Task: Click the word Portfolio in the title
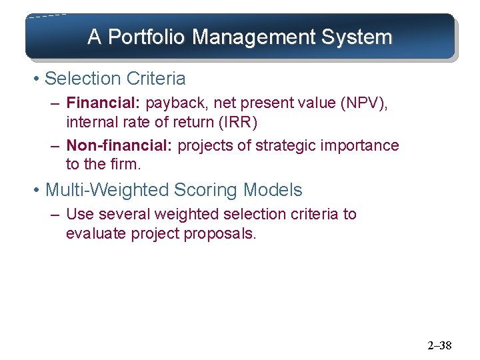coord(146,37)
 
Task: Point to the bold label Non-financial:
coord(119,145)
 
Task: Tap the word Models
coord(273,190)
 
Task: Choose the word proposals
coord(225,234)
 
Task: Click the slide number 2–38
coord(439,345)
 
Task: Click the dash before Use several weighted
coord(55,215)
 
